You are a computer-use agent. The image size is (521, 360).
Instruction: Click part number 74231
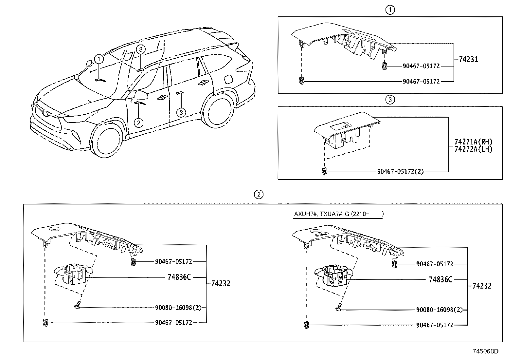pyautogui.click(x=468, y=60)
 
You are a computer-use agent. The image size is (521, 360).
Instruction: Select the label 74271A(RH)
pyautogui.click(x=473, y=142)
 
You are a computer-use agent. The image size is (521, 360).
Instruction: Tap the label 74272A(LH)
pyautogui.click(x=473, y=149)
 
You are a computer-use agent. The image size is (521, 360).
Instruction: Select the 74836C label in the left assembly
pyautogui.click(x=179, y=277)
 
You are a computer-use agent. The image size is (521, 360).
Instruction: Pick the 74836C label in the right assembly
pyautogui.click(x=440, y=279)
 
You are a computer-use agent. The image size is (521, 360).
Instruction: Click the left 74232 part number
pyautogui.click(x=221, y=283)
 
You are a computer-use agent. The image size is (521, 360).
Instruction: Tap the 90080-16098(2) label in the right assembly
pyautogui.click(x=439, y=310)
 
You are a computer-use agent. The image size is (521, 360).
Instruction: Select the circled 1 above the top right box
pyautogui.click(x=390, y=10)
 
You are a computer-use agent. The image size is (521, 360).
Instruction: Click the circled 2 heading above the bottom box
pyautogui.click(x=259, y=195)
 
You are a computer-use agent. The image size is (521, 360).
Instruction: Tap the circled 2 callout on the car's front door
pyautogui.click(x=139, y=123)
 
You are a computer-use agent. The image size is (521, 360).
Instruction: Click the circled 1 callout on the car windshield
pyautogui.click(x=99, y=59)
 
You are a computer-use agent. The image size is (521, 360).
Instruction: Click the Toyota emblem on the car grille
pyautogui.click(x=45, y=113)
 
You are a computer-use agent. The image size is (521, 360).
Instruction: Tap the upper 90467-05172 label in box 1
pyautogui.click(x=421, y=66)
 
